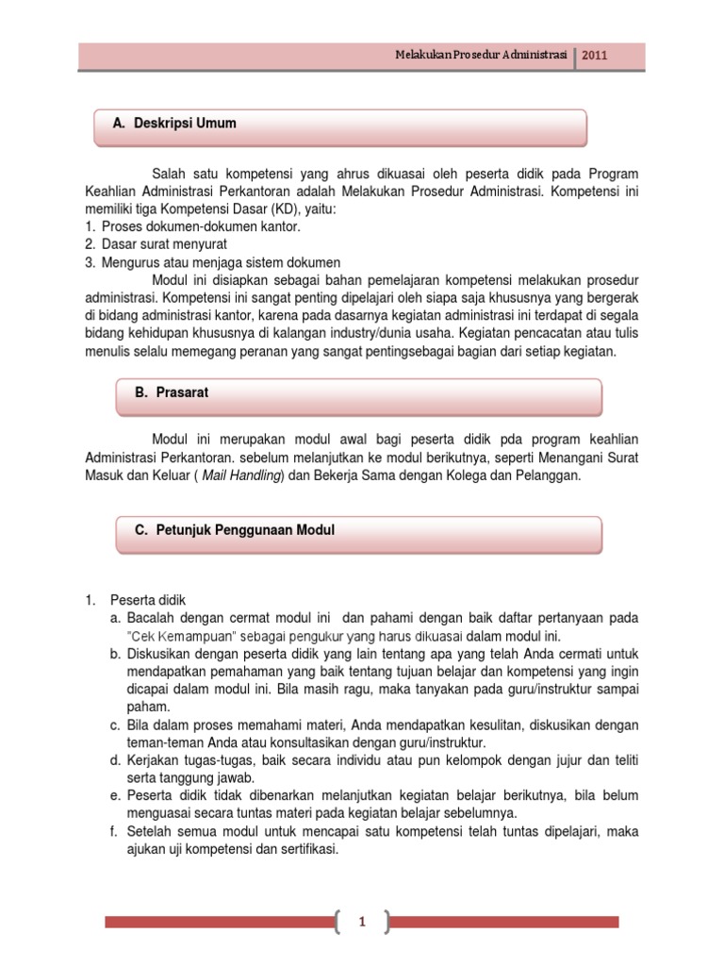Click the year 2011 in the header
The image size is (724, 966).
point(595,56)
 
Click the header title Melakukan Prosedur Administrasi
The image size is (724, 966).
point(481,56)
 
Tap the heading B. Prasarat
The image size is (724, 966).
point(171,392)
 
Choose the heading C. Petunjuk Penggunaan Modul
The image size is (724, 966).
point(234,530)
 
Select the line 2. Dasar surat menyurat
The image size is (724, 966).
point(156,244)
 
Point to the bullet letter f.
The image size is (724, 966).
point(113,832)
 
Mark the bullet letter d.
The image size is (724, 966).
point(114,760)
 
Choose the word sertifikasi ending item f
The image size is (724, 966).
point(306,849)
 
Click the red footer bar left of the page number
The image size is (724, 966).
point(217,922)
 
